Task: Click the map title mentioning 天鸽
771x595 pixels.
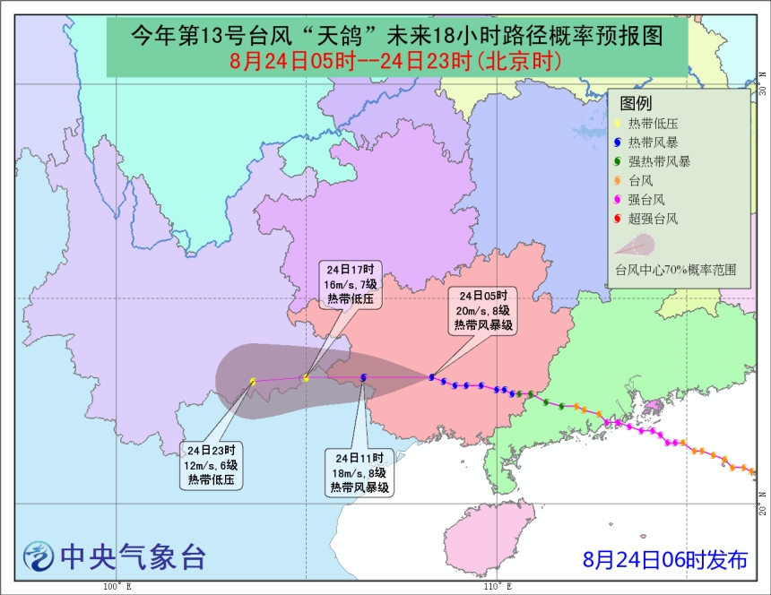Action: point(396,37)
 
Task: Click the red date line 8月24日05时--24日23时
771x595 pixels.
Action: point(396,62)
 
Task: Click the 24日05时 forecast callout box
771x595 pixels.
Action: point(483,312)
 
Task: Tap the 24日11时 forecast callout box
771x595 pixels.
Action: point(358,472)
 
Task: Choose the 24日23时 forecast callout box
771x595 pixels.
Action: point(211,464)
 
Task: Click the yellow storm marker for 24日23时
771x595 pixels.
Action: point(254,383)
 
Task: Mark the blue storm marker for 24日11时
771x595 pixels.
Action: point(363,378)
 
